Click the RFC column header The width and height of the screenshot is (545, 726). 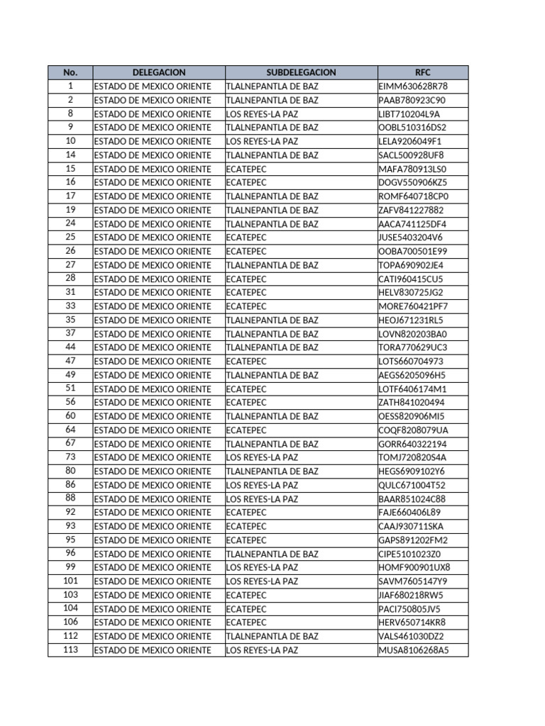click(x=423, y=72)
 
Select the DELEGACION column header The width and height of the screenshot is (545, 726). click(x=159, y=72)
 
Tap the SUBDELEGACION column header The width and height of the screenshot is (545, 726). click(x=301, y=72)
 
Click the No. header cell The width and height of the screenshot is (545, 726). click(x=70, y=72)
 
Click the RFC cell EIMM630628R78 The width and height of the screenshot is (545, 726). click(x=413, y=86)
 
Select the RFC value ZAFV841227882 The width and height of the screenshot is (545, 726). click(x=411, y=210)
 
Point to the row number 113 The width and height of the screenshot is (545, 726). click(x=70, y=649)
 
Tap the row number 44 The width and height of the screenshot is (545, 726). click(x=70, y=347)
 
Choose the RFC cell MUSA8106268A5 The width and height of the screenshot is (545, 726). click(x=414, y=649)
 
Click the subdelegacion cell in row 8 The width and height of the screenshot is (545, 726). click(x=262, y=113)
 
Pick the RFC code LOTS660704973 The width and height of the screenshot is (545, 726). click(x=412, y=361)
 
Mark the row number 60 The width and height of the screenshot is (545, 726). click(x=70, y=416)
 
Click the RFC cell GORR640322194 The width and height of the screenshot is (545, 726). click(x=412, y=444)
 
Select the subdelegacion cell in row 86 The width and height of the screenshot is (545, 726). click(x=262, y=485)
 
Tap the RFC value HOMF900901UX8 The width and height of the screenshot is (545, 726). click(x=414, y=567)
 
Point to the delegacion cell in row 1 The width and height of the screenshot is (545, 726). click(x=153, y=86)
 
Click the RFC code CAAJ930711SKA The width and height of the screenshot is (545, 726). click(x=412, y=526)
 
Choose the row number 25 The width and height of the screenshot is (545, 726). click(x=70, y=238)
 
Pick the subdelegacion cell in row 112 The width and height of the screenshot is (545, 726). click(x=272, y=636)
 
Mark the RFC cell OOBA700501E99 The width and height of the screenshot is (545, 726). click(x=413, y=251)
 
